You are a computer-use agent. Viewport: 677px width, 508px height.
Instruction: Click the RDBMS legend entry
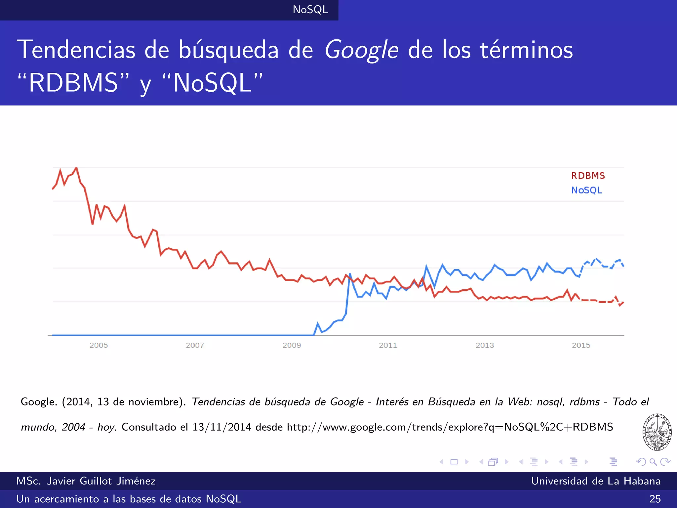click(x=588, y=176)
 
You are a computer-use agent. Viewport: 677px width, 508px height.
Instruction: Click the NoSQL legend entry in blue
click(x=586, y=190)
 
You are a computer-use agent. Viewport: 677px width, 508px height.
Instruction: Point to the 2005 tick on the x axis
click(x=99, y=345)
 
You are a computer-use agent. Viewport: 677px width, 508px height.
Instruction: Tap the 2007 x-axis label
click(x=195, y=345)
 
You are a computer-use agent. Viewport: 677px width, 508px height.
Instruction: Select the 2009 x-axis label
click(x=292, y=345)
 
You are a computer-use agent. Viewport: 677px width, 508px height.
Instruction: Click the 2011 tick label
click(x=388, y=345)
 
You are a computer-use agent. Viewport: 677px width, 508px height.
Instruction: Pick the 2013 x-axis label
click(x=485, y=345)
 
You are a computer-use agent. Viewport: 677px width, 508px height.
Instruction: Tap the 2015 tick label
click(x=581, y=345)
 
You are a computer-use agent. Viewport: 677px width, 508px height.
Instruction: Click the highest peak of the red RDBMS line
click(x=76, y=168)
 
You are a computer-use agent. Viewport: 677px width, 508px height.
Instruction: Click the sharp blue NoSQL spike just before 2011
click(x=350, y=274)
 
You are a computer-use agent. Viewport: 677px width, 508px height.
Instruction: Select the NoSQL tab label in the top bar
click(x=310, y=10)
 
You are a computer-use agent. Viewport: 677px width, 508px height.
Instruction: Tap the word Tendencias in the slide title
click(x=76, y=50)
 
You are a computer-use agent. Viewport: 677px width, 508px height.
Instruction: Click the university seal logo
click(x=657, y=432)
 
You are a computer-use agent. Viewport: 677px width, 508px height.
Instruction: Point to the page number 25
click(x=655, y=499)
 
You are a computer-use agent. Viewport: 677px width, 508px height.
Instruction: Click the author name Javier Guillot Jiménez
click(x=101, y=481)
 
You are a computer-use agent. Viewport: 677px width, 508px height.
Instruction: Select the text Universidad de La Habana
click(x=596, y=481)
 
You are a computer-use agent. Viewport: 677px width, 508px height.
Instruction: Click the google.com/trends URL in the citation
click(x=450, y=427)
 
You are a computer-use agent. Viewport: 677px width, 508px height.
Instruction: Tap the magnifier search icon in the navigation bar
click(x=653, y=462)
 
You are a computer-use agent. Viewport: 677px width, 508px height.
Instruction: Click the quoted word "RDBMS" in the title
click(x=73, y=83)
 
